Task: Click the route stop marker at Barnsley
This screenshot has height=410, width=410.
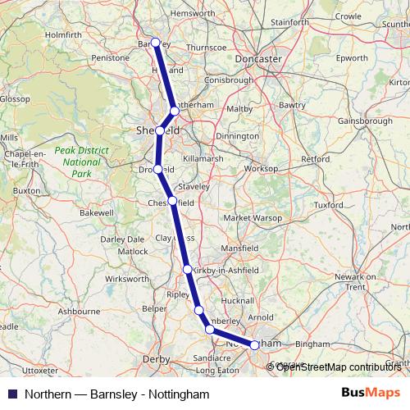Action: (155, 43)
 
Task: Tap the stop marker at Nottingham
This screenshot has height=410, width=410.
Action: (254, 345)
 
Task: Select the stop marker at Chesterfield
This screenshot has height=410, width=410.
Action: (172, 201)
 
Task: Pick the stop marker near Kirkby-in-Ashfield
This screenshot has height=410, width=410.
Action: (188, 269)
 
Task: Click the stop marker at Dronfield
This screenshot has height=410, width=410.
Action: (157, 170)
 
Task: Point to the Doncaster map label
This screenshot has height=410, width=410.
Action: (257, 60)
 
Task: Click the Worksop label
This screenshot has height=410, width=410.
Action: (262, 168)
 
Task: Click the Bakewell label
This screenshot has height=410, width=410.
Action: (97, 212)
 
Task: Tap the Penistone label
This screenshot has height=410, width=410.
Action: (112, 59)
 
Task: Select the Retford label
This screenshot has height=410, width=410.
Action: (315, 157)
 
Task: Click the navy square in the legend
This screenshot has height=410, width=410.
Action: (11, 394)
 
